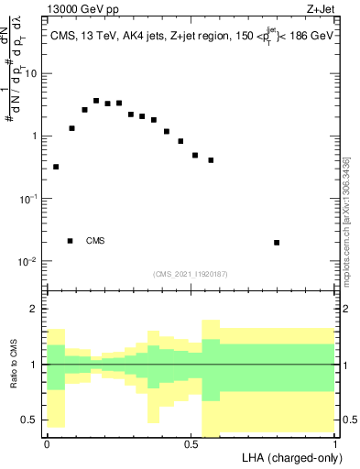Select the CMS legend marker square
click(71, 241)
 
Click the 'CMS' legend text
click(95, 241)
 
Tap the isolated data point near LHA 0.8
click(277, 243)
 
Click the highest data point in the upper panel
click(96, 101)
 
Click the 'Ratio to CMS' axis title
click(13, 365)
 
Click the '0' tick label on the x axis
click(47, 442)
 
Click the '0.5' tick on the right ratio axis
click(348, 420)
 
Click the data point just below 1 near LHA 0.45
click(180, 141)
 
